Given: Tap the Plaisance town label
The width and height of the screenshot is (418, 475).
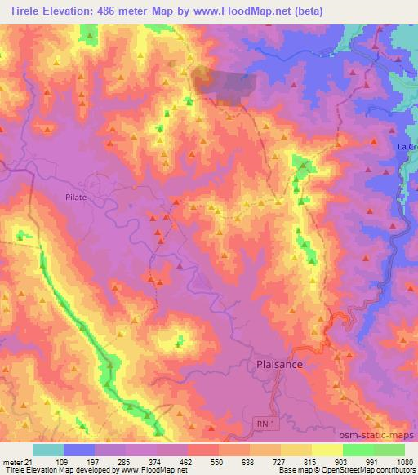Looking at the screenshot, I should pos(280,365).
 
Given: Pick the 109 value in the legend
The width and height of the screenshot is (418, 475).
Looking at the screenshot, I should pos(64,461).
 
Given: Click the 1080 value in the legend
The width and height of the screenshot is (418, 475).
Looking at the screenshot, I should pos(404,461).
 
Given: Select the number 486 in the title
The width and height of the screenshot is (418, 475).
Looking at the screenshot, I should pos(110,11).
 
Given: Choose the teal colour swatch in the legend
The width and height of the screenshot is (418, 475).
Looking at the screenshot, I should pos(48,450).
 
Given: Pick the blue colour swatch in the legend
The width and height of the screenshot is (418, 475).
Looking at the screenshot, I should pos(79,450).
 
